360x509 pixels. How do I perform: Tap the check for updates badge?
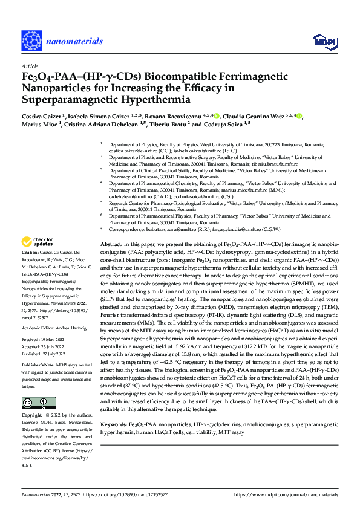tap(38, 241)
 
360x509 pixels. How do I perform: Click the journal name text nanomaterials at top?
tap(70, 36)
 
